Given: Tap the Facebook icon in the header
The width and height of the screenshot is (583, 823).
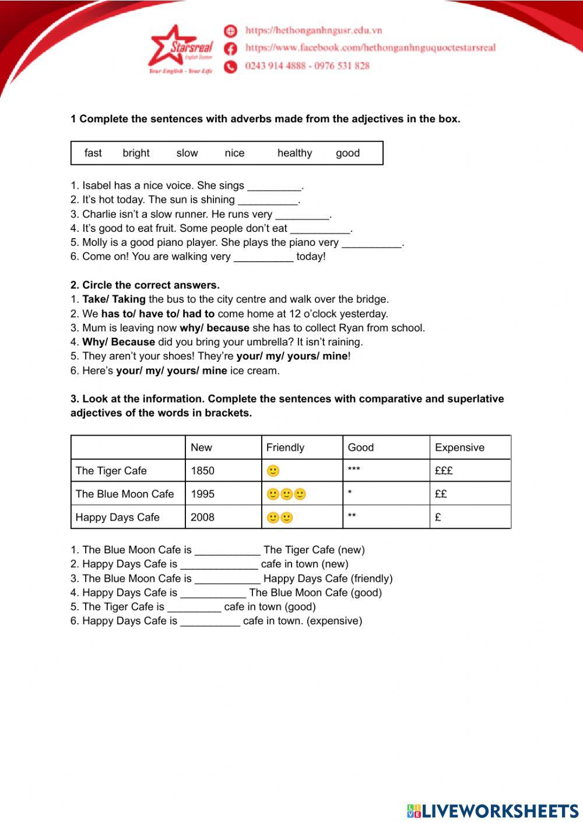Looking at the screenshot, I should point(231,48).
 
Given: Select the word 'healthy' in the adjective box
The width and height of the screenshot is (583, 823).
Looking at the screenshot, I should point(294,153).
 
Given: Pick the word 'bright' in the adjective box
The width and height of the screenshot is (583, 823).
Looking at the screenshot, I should point(136,153).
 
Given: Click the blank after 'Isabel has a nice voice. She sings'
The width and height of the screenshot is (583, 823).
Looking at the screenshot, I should point(274,186).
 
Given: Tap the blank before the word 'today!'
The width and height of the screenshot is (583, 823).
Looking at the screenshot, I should point(264,257).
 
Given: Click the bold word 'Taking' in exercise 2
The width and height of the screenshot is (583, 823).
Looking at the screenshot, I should point(129,299).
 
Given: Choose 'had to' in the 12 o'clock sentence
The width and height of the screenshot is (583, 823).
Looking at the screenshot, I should point(199,314).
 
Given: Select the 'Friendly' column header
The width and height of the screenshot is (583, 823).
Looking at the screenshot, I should point(285,447).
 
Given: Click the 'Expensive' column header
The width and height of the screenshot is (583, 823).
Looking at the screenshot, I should point(459,447).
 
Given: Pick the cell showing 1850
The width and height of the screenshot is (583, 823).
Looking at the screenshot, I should point(202,471).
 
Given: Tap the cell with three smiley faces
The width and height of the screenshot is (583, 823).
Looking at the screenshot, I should point(286,494).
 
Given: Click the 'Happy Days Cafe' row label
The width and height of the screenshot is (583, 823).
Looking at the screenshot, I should point(117,517).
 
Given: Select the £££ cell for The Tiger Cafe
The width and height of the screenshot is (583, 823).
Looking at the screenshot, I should point(444,471).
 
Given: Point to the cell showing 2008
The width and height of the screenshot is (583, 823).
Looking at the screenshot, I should point(202,517).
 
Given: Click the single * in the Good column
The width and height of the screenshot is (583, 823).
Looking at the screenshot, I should point(350,493).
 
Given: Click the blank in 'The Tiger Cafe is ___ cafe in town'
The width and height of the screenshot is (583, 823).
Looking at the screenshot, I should point(194,607).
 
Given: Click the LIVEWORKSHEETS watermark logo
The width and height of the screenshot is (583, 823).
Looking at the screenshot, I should point(493,811).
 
